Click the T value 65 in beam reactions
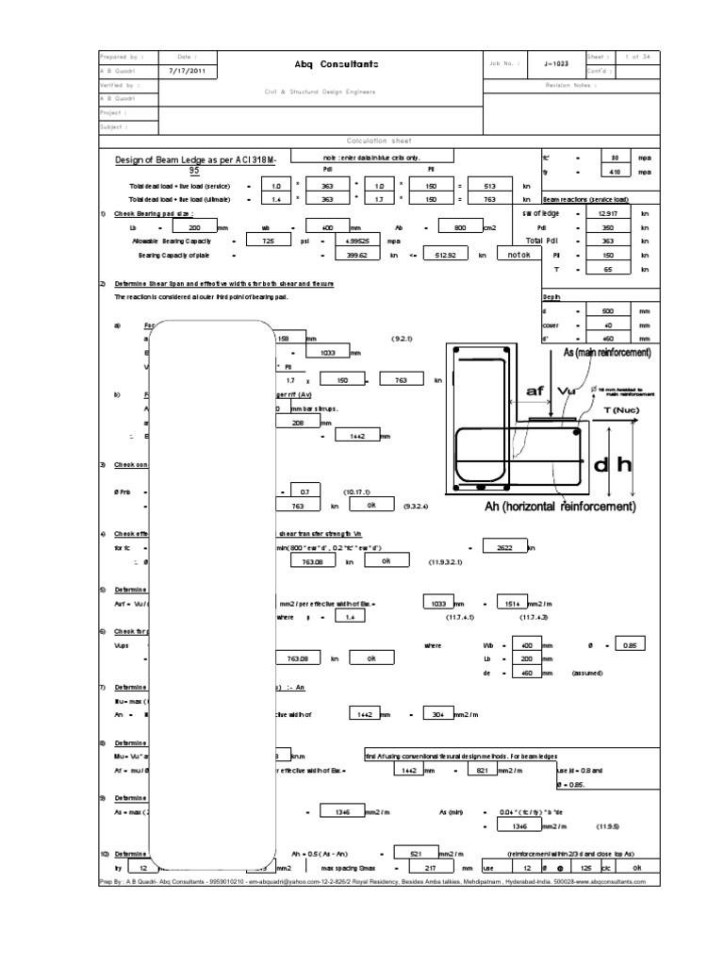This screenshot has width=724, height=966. pos(610,269)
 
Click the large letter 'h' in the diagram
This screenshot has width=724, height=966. pos(623,467)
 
